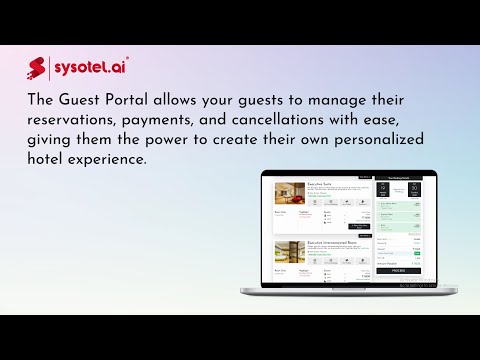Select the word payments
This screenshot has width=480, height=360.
(172, 121)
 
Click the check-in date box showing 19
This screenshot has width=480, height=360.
(383, 189)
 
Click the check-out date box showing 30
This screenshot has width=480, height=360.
(413, 189)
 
